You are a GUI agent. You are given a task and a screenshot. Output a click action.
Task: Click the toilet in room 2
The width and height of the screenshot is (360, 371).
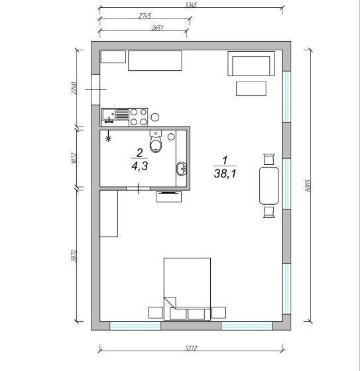pos(156,142)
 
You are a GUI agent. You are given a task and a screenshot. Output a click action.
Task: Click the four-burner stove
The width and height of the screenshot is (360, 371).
pos(138,117)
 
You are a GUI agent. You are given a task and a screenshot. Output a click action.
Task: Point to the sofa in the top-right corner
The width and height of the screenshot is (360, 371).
pos(251,65)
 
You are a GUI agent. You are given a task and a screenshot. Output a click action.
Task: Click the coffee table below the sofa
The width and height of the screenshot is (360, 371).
pos(251,89)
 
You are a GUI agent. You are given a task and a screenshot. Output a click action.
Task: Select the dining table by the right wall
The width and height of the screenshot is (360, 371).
pos(269,185)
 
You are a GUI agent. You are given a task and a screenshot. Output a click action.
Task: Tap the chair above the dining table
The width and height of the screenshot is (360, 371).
pos(269,159)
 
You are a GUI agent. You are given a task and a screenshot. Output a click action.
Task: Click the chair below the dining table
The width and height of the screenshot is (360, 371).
pos(269,211)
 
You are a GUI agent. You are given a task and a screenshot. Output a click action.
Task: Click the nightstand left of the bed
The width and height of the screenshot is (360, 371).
pos(156,313)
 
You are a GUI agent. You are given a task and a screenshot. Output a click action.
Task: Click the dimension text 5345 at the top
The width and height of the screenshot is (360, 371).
pos(192,5)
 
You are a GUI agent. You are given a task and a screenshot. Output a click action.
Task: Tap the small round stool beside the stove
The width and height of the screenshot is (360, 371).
pos(155,117)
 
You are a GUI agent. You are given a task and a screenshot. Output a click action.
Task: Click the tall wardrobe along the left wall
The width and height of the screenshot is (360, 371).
pos(109,213)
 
